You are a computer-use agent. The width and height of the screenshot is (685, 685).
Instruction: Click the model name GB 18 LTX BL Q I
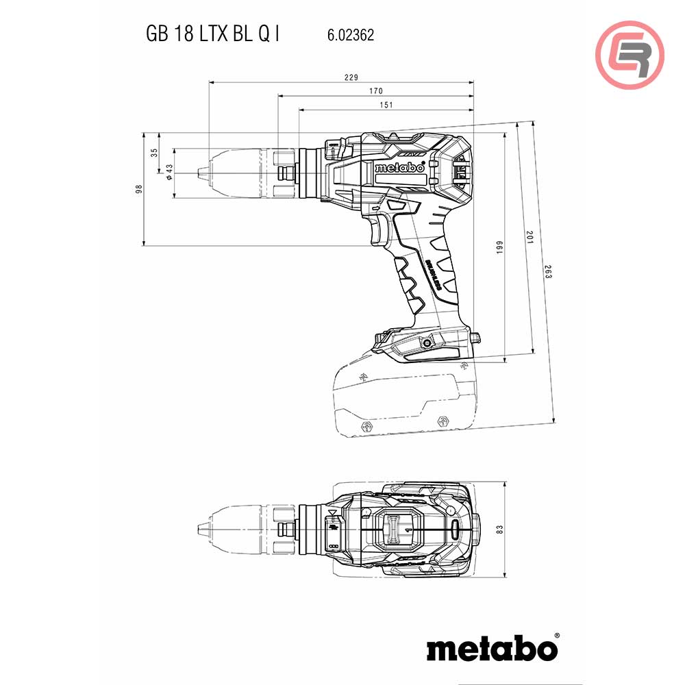pyautogui.click(x=212, y=34)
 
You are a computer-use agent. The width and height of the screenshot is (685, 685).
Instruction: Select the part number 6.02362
pyautogui.click(x=346, y=35)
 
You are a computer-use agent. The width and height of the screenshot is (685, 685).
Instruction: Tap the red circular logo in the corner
pyautogui.click(x=630, y=54)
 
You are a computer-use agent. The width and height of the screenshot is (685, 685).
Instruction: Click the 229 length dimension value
pyautogui.click(x=351, y=77)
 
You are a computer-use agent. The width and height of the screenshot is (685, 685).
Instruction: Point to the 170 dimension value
pyautogui.click(x=375, y=91)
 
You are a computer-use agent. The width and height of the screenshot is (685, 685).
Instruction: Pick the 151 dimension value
pyautogui.click(x=386, y=105)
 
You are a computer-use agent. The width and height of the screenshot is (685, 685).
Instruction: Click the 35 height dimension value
pyautogui.click(x=154, y=152)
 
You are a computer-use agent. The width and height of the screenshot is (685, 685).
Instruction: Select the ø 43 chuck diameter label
pyautogui.click(x=169, y=172)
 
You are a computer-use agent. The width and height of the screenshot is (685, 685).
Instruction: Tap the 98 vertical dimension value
pyautogui.click(x=139, y=188)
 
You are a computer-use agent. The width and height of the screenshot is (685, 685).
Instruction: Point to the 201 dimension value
pyautogui.click(x=528, y=236)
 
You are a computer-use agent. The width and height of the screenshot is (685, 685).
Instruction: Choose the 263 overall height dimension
pyautogui.click(x=548, y=271)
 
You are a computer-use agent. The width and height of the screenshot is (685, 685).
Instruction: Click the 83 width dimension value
pyautogui.click(x=500, y=530)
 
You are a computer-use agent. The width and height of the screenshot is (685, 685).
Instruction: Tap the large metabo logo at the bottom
pyautogui.click(x=493, y=647)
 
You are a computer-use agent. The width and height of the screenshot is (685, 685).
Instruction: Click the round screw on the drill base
pyautogui.click(x=429, y=343)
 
